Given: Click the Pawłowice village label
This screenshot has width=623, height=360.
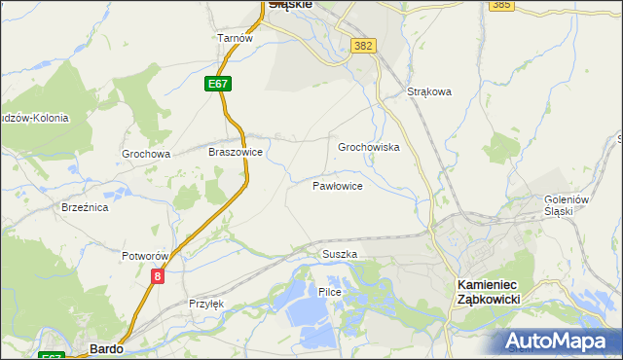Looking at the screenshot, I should pyautogui.click(x=338, y=185).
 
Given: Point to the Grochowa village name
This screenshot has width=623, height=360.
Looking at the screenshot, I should pyautogui.click(x=146, y=154).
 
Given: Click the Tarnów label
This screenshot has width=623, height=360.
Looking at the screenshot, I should pyautogui.click(x=236, y=38).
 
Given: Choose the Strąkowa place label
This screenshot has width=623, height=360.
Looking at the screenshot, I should pyautogui.click(x=429, y=92).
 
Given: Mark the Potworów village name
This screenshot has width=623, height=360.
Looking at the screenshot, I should pyautogui.click(x=146, y=256).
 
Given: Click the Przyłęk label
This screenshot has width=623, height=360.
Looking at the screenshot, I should pyautogui.click(x=206, y=304).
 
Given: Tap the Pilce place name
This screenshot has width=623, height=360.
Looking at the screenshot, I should pyautogui.click(x=330, y=292).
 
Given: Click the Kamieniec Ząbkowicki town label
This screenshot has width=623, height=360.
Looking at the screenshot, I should pyautogui.click(x=490, y=291).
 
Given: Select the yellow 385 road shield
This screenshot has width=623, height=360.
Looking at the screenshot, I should pyautogui.click(x=501, y=5).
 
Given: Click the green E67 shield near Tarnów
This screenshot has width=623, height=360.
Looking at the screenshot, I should pyautogui.click(x=218, y=85).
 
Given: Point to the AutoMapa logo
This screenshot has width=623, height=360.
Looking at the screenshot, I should pyautogui.click(x=560, y=341).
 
